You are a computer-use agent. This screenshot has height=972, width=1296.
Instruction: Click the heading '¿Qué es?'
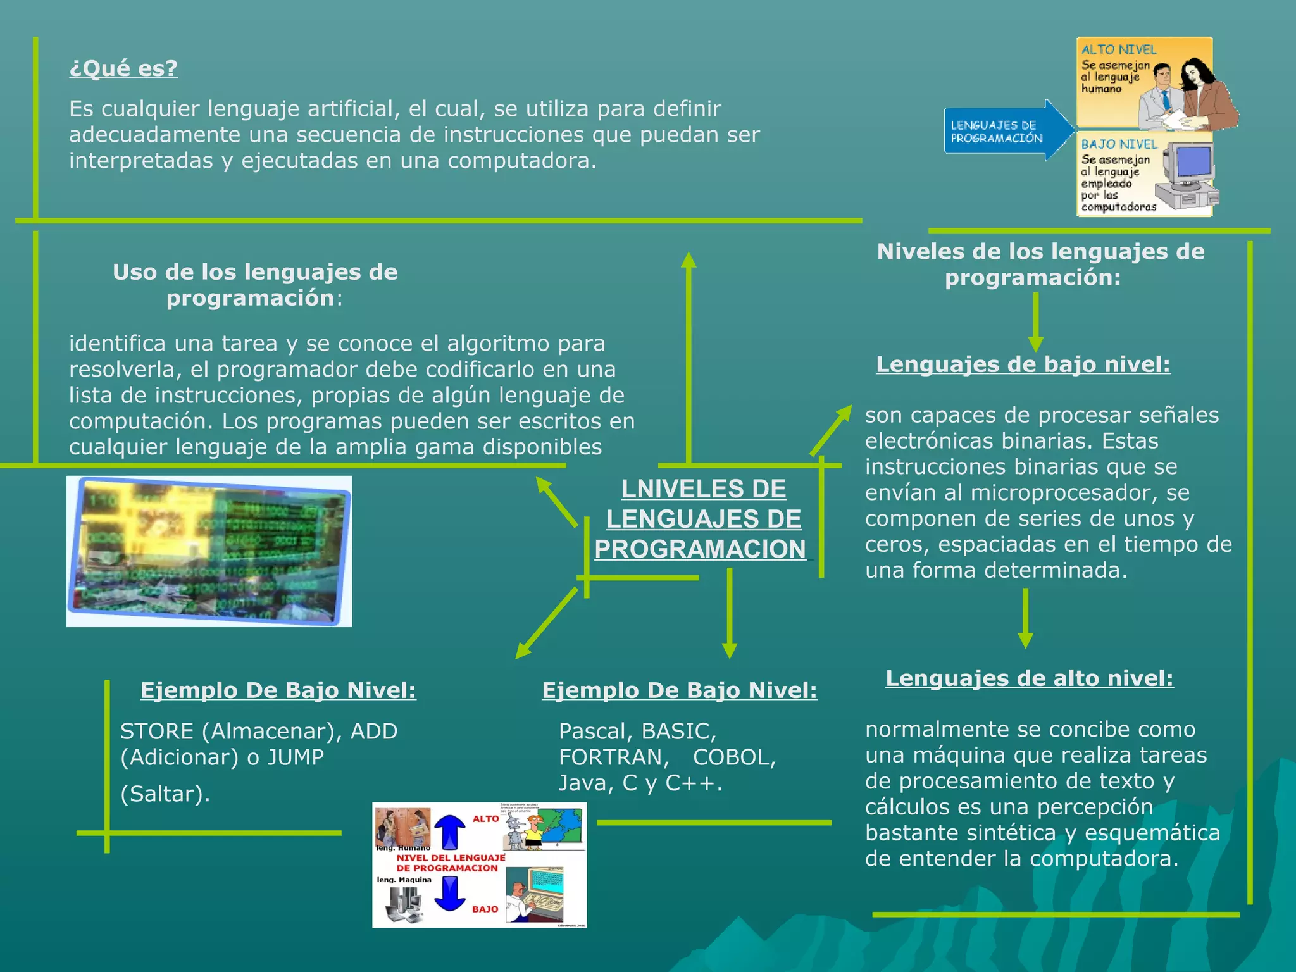pyautogui.click(x=123, y=68)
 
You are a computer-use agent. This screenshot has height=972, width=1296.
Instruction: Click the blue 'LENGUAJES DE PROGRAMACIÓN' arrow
pyautogui.click(x=1003, y=132)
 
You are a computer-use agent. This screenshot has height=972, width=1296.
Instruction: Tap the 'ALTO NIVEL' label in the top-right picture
pyautogui.click(x=1119, y=49)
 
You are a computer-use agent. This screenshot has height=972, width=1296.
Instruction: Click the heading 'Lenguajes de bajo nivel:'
pyautogui.click(x=1023, y=364)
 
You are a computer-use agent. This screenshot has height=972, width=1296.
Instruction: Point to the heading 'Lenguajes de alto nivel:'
pyautogui.click(x=1029, y=678)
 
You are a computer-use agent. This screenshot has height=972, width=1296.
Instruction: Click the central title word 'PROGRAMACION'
pyautogui.click(x=700, y=549)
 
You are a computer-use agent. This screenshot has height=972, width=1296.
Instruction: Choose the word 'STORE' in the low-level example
pyautogui.click(x=157, y=732)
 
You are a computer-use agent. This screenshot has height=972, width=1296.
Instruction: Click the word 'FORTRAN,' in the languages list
pyautogui.click(x=614, y=757)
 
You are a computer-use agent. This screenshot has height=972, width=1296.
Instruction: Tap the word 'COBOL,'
pyautogui.click(x=734, y=757)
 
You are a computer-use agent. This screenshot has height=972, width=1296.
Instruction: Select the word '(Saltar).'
pyautogui.click(x=165, y=794)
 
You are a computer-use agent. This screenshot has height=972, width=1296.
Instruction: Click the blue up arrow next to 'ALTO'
pyautogui.click(x=449, y=831)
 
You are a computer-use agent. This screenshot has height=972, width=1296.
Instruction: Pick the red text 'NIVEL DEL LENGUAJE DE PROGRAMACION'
pyautogui.click(x=450, y=863)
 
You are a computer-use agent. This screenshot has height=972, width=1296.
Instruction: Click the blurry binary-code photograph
pyautogui.click(x=209, y=551)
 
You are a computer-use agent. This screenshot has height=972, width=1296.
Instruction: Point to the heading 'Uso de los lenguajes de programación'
pyautogui.click(x=255, y=285)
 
